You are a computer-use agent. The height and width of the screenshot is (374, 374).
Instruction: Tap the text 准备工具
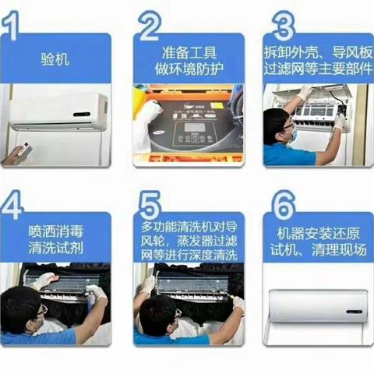[189, 51]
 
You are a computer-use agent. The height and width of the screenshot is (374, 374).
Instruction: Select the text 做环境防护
[189, 68]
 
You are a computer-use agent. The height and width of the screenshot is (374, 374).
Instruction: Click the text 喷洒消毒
[55, 231]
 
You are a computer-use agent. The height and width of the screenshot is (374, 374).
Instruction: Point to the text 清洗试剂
[55, 249]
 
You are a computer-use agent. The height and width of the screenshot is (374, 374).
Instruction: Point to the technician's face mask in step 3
[291, 134]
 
